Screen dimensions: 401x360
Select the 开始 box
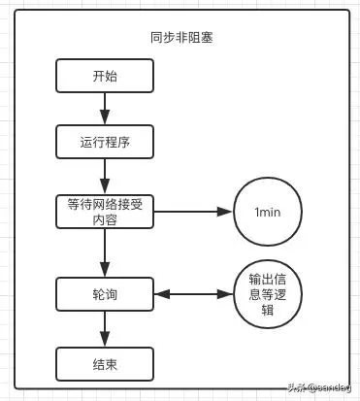(104, 76)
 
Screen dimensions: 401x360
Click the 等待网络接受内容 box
(104, 212)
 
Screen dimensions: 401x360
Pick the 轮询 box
(104, 292)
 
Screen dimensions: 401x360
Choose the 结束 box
(104, 364)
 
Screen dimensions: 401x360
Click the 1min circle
(267, 212)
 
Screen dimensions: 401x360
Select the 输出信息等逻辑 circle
(267, 292)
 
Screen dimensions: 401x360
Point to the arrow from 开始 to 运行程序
(104, 108)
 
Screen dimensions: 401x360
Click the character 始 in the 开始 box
(112, 76)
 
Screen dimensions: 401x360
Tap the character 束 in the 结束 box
(112, 364)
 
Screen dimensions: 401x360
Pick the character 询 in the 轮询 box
(112, 292)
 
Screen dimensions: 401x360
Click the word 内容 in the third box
(104, 219)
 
